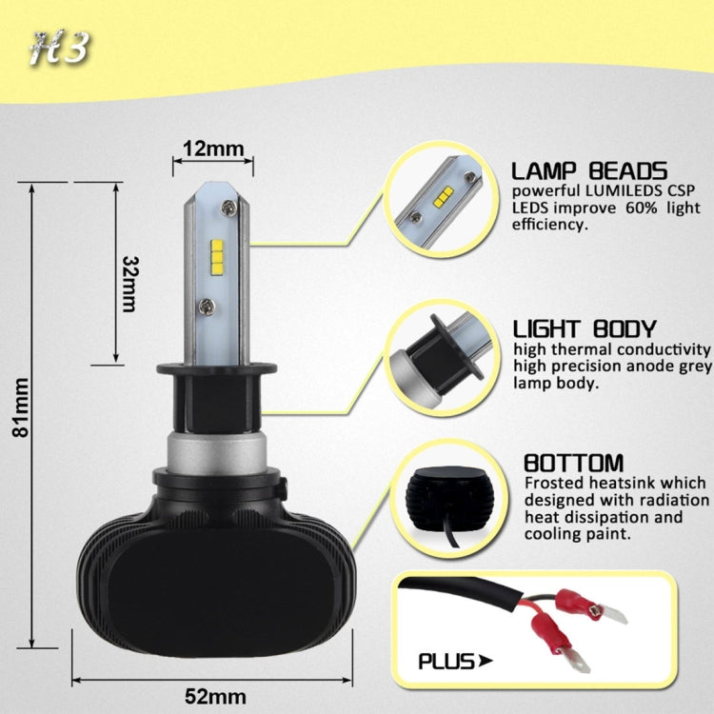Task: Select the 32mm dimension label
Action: coord(130,283)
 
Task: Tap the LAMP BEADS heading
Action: coord(588,171)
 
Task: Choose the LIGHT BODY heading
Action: coord(584,329)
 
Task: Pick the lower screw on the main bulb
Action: coord(206,306)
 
